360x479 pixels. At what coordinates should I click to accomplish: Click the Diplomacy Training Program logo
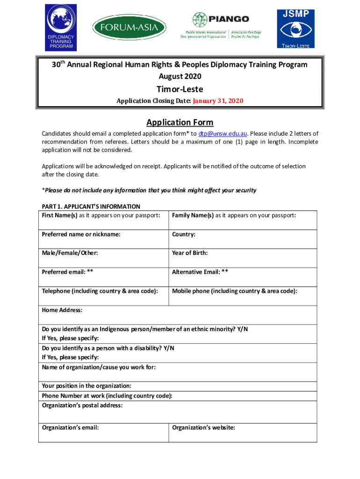point(60,27)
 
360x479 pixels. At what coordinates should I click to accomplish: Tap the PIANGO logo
point(227,26)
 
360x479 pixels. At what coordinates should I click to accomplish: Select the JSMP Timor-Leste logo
point(295,28)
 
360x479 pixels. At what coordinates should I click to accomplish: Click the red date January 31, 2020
point(218,101)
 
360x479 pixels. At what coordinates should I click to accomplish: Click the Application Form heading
point(180,123)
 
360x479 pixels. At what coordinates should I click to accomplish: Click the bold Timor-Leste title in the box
point(180,89)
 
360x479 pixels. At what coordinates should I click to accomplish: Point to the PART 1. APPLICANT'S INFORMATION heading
point(91,206)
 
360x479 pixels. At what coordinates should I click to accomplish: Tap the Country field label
point(183,234)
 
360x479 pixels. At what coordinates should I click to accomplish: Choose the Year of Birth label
point(190,253)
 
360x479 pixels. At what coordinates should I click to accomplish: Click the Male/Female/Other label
point(70,253)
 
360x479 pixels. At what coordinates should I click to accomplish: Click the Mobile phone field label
point(234,291)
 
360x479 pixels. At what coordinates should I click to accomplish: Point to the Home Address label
point(62,310)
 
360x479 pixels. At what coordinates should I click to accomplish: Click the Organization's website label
point(203,427)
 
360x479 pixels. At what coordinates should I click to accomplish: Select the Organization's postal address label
point(82,406)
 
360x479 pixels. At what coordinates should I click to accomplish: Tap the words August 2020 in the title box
point(180,76)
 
